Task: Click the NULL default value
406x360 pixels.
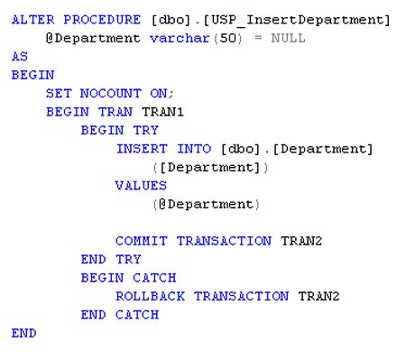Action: pos(289,38)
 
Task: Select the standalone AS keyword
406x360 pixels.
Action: pos(20,56)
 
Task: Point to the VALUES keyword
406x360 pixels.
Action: pos(141,185)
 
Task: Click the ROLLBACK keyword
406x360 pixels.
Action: pos(150,296)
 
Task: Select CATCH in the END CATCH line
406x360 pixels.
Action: pos(137,314)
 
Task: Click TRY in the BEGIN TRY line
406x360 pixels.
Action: pos(145,130)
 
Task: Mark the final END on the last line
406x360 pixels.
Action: pos(23,333)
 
